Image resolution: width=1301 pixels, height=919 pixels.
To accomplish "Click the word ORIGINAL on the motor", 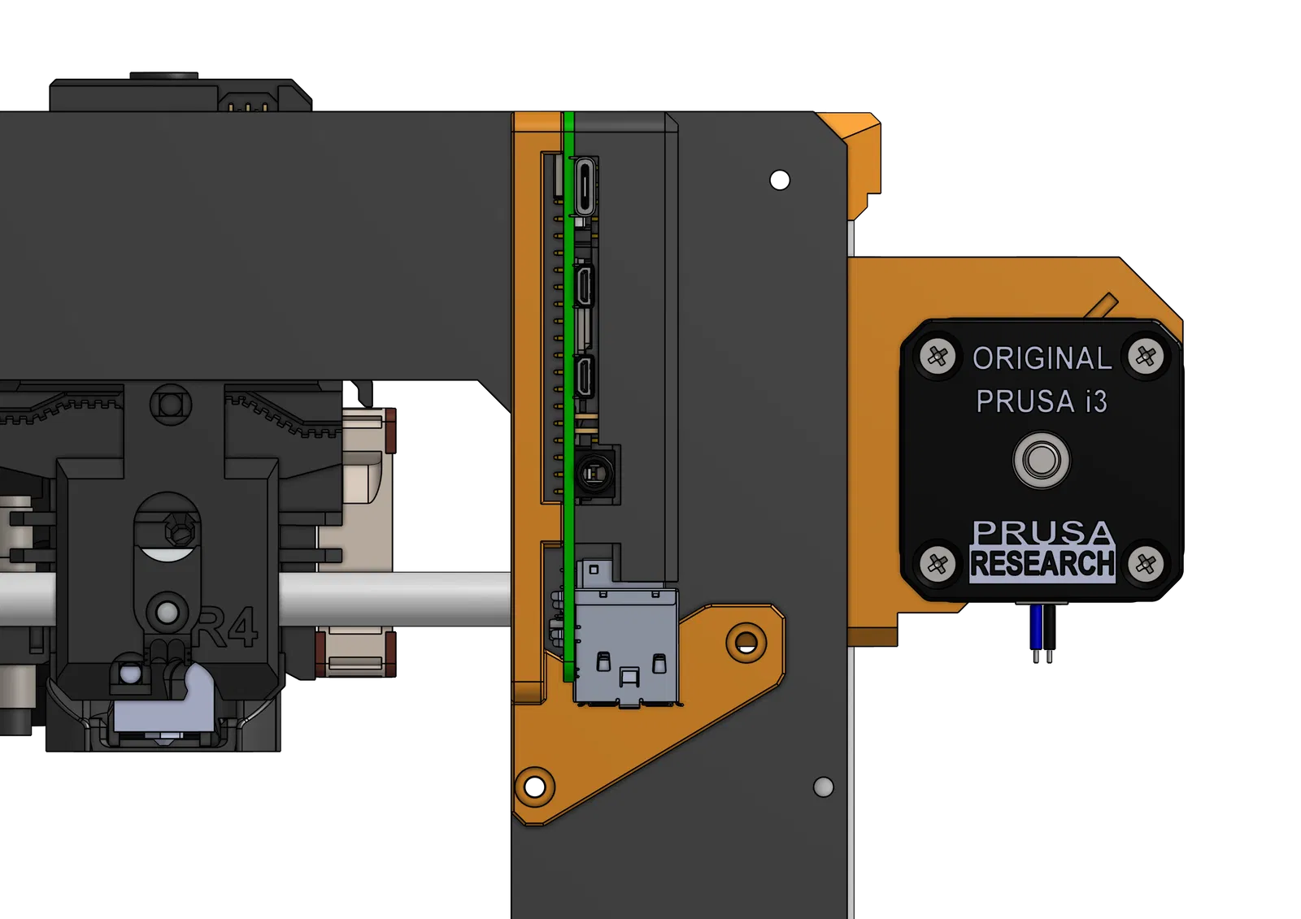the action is (x=1042, y=358).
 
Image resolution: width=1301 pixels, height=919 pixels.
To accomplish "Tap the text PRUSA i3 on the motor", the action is (x=1042, y=401).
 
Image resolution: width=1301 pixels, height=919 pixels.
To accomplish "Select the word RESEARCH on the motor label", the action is (x=1042, y=562).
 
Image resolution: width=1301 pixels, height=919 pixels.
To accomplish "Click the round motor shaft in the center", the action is (x=1042, y=460).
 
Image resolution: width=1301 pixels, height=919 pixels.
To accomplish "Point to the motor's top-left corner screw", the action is (x=938, y=356).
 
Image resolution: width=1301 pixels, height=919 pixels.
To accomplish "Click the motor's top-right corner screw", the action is (x=1146, y=356).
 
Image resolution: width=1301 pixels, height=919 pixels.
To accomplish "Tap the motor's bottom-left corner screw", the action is (x=938, y=563).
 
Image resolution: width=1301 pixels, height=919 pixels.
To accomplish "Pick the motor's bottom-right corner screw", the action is (x=1146, y=563).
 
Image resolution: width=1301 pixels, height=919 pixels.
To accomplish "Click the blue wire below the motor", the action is (x=1036, y=627).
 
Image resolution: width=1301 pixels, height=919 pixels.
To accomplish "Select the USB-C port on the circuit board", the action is (x=585, y=187).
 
